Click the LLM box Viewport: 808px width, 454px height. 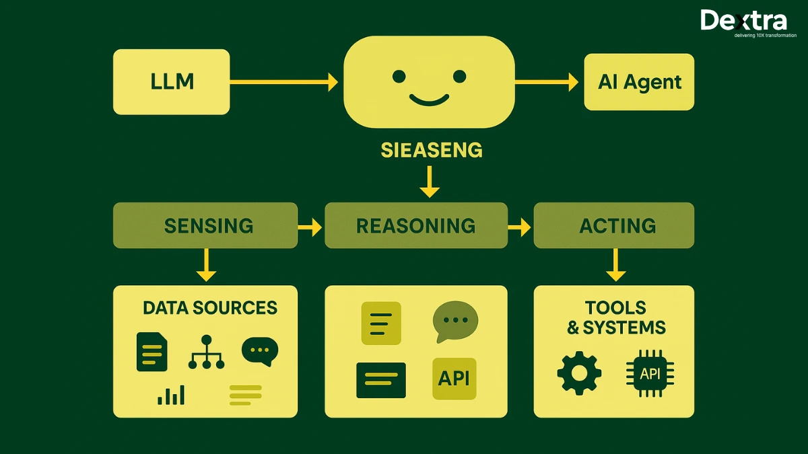[x=172, y=81]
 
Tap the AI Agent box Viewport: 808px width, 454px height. [x=639, y=82]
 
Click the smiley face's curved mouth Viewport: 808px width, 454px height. [x=429, y=101]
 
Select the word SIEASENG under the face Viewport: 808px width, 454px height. [x=432, y=149]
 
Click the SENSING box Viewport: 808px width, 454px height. [x=205, y=225]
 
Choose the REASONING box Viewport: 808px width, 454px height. [x=415, y=225]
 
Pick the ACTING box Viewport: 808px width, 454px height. [x=613, y=225]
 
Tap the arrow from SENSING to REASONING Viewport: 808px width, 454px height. [x=310, y=227]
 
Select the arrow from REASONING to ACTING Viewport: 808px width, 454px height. [x=519, y=227]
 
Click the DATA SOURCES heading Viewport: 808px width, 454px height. [x=210, y=308]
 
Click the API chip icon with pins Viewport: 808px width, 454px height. [x=650, y=373]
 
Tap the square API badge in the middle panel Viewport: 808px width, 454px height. [x=454, y=379]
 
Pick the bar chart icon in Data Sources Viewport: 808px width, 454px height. [x=171, y=395]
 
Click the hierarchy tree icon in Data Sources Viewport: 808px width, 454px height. [x=206, y=352]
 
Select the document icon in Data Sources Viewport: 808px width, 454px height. [x=151, y=351]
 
